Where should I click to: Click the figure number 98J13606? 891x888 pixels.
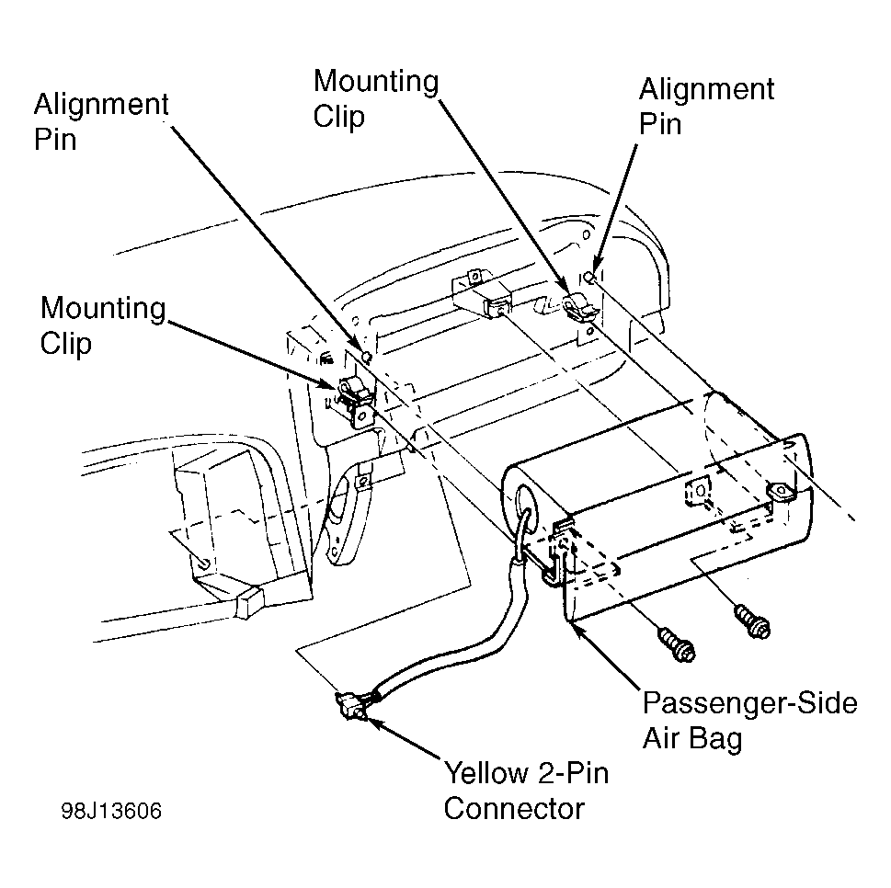(x=111, y=811)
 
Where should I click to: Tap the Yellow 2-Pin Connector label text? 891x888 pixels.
(x=526, y=791)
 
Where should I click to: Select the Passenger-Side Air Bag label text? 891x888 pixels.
(x=749, y=721)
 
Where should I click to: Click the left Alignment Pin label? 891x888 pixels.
(x=101, y=121)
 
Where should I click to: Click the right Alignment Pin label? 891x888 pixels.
(x=706, y=107)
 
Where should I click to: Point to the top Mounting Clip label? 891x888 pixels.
(x=375, y=98)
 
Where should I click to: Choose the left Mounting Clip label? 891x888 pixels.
(x=102, y=325)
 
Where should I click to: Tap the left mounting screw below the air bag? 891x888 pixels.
(x=676, y=643)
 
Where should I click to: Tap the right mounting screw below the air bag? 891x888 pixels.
(x=753, y=621)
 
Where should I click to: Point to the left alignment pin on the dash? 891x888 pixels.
(x=367, y=357)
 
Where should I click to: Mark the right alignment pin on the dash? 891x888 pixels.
(x=589, y=278)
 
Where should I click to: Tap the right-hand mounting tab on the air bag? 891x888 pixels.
(x=780, y=490)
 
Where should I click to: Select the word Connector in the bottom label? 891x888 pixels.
(x=514, y=809)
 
